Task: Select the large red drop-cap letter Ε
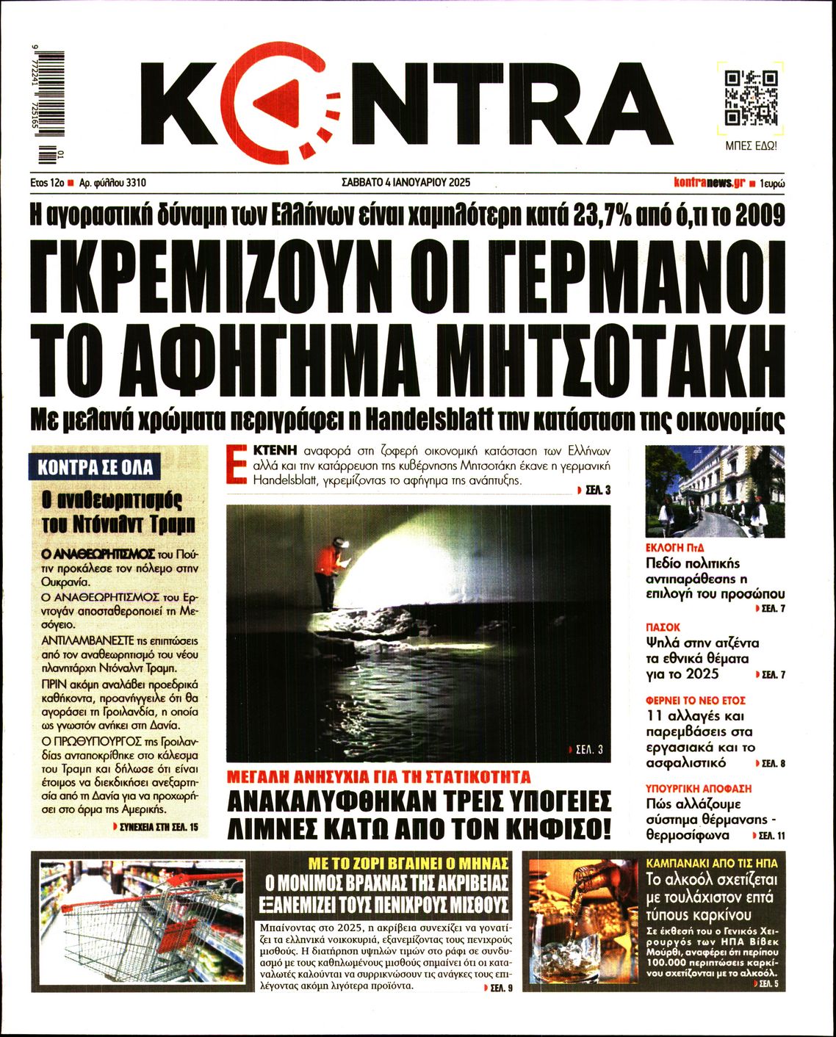click(237, 463)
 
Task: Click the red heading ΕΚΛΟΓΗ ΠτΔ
click(675, 548)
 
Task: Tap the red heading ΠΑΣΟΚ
click(663, 627)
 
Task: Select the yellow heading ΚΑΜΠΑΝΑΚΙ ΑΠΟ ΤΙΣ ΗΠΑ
click(711, 863)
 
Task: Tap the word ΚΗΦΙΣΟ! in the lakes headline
click(558, 828)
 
